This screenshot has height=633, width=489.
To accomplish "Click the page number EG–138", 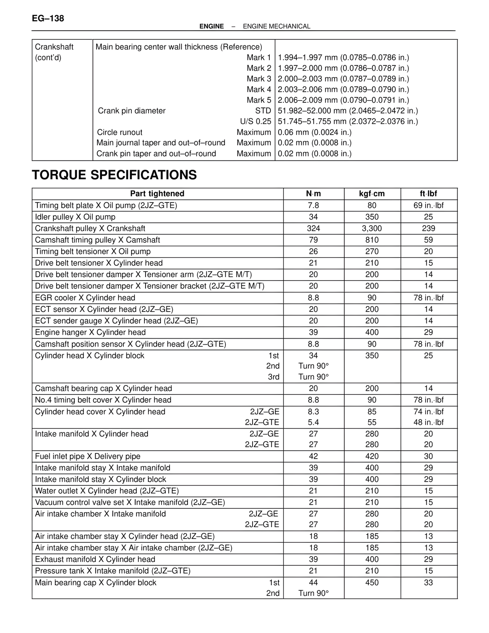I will click(x=48, y=18).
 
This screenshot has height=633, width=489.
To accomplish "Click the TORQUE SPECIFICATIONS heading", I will click(x=114, y=175).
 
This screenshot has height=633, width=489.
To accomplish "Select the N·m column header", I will click(x=313, y=194).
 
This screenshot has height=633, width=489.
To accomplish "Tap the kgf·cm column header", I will click(x=372, y=194).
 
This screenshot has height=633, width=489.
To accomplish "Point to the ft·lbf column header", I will click(x=428, y=194).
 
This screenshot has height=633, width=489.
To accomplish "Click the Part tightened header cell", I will click(x=157, y=194).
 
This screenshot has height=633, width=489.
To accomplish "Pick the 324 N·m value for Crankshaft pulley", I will click(x=313, y=229).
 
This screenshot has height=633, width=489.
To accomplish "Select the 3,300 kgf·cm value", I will click(x=372, y=229).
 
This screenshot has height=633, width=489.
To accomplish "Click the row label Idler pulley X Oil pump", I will click(x=75, y=217).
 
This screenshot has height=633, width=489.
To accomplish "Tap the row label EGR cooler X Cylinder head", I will click(x=85, y=298).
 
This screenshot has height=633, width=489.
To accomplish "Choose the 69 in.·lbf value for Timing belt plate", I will click(x=428, y=206).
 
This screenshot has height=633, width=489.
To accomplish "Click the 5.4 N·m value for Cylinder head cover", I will click(x=313, y=422).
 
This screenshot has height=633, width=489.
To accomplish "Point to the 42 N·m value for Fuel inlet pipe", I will click(x=313, y=456).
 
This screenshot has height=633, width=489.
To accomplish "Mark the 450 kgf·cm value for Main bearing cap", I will click(x=372, y=583).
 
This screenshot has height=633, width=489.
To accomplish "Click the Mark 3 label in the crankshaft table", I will click(x=259, y=79).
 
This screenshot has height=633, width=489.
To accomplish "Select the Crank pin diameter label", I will click(x=132, y=111).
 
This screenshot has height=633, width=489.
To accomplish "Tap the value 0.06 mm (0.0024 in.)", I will click(x=315, y=132).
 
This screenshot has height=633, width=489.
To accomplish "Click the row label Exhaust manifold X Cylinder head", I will click(x=95, y=560).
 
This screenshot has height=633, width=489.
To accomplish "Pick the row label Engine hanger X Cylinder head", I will click(x=91, y=333).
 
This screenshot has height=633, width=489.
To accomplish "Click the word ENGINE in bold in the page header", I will click(x=212, y=26).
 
